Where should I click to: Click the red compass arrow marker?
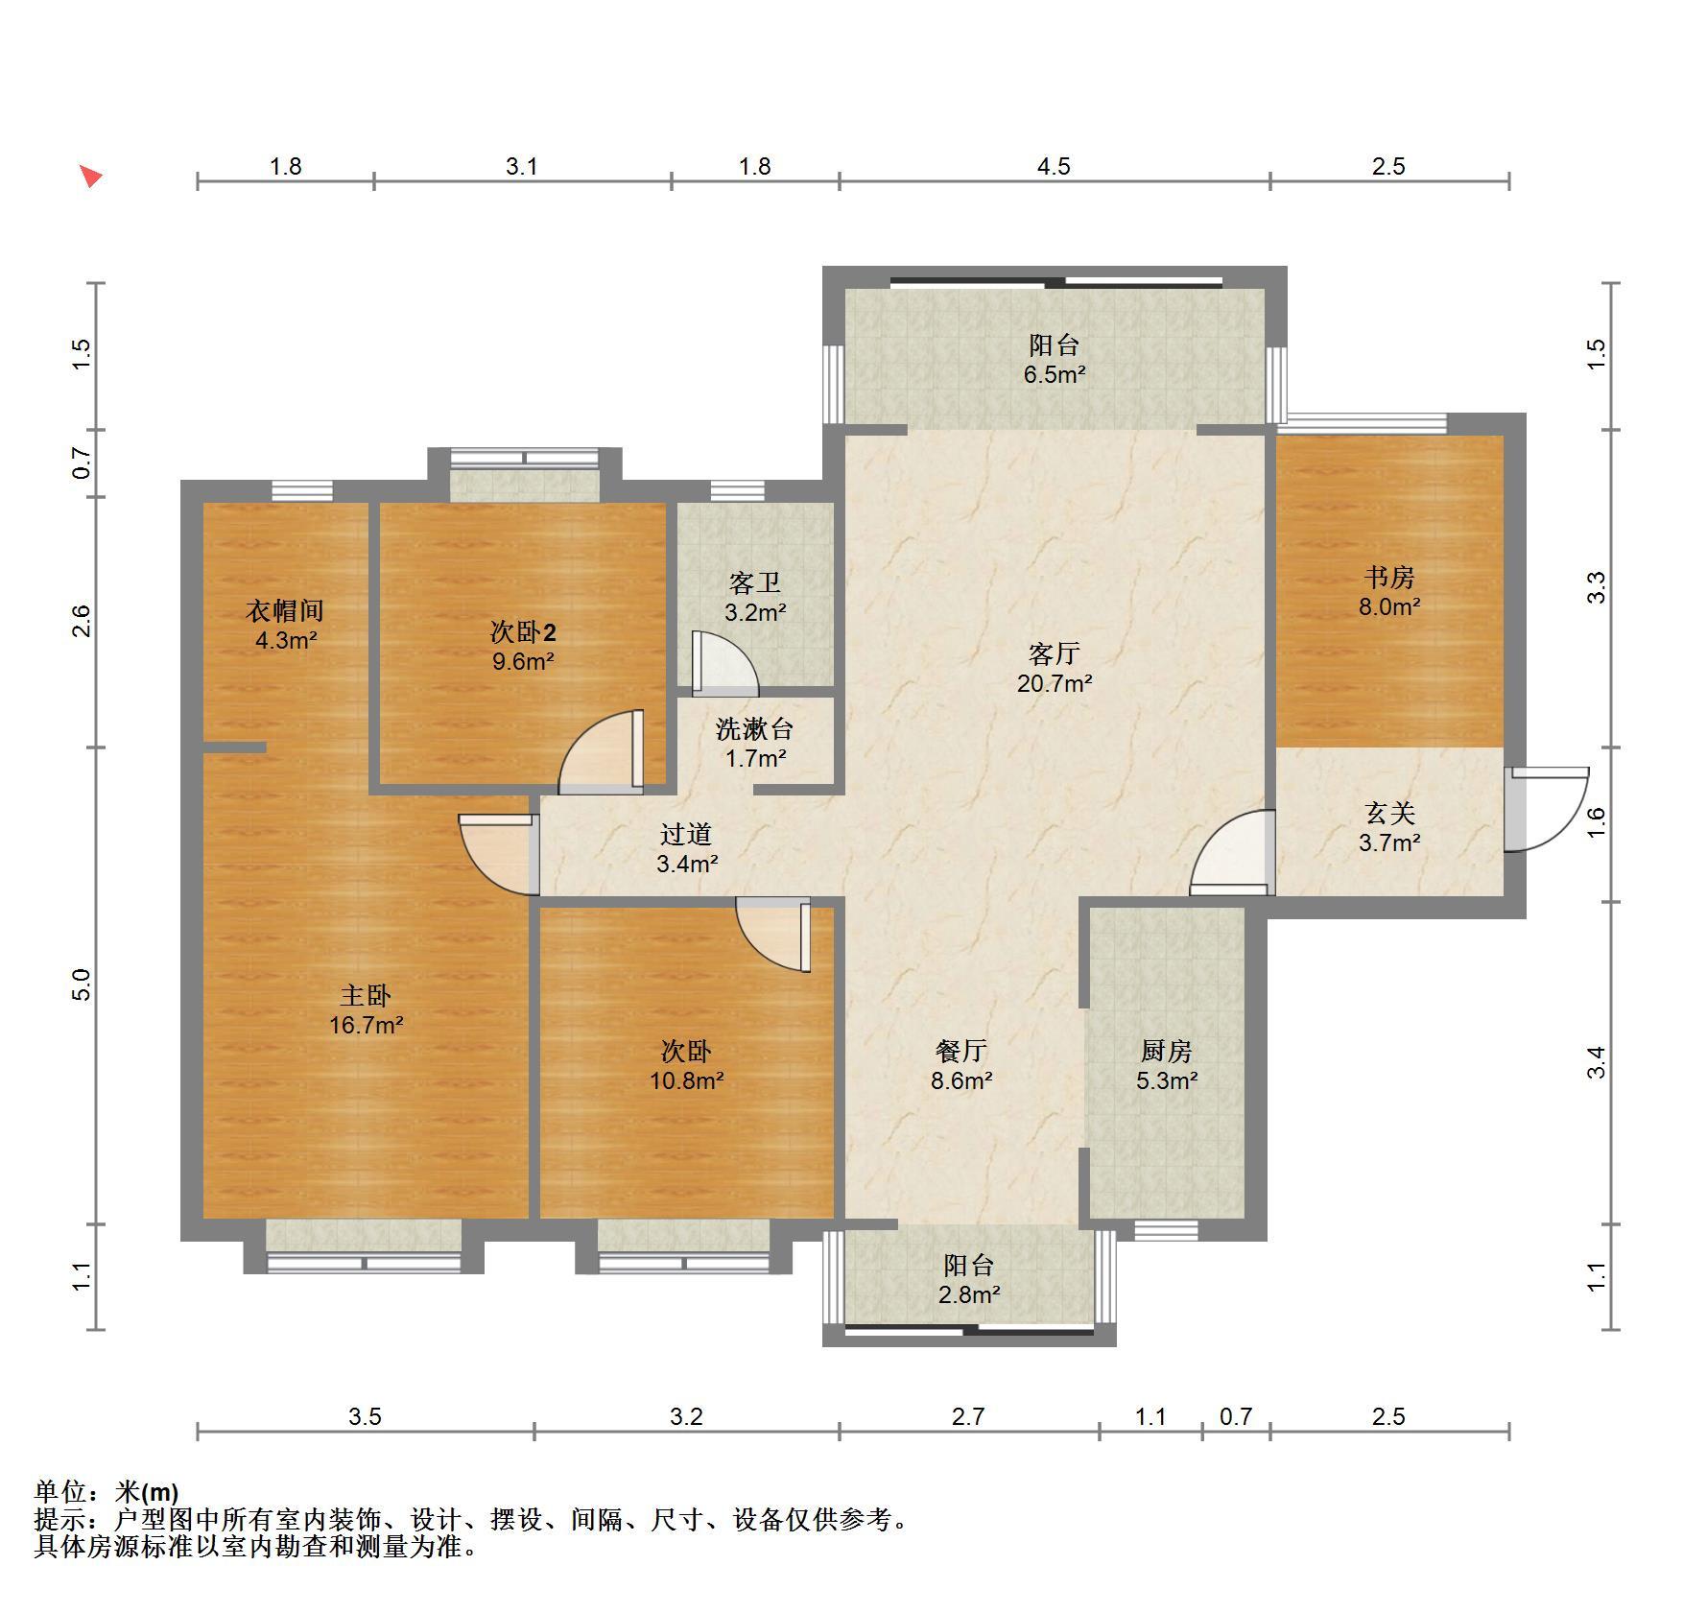pyautogui.click(x=91, y=177)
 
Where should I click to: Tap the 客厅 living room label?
pyautogui.click(x=1054, y=654)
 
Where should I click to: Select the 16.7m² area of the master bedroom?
pyautogui.click(x=366, y=1025)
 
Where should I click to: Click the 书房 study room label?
pyautogui.click(x=1389, y=578)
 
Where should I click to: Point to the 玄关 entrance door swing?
pyautogui.click(x=1545, y=809)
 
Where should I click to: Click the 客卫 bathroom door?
pyautogui.click(x=724, y=663)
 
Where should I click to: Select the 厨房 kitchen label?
pyautogui.click(x=1167, y=1052)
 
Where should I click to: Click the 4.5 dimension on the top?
pyautogui.click(x=1053, y=167)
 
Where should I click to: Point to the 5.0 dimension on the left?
pyautogui.click(x=83, y=985)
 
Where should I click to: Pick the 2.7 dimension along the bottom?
pyautogui.click(x=968, y=1416)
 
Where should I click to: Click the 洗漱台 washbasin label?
pyautogui.click(x=754, y=729)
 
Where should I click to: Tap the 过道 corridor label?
pyautogui.click(x=687, y=835)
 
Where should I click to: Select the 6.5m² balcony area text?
pyautogui.click(x=1054, y=374)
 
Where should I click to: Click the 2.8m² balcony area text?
pyautogui.click(x=969, y=1294)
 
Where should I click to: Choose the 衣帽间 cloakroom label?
pyautogui.click(x=285, y=610)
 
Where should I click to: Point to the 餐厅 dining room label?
pyautogui.click(x=961, y=1052)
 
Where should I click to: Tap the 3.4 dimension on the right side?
pyautogui.click(x=1596, y=1062)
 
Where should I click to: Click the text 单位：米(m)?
pyautogui.click(x=107, y=1492)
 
